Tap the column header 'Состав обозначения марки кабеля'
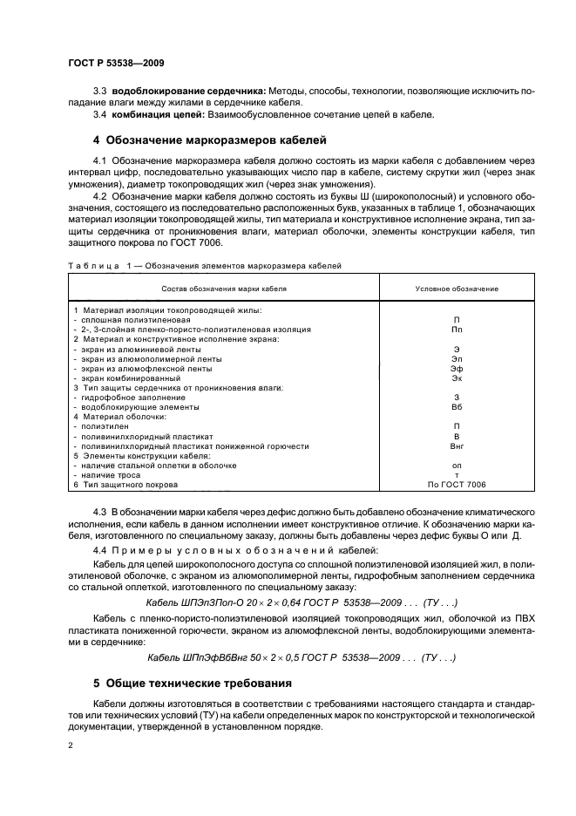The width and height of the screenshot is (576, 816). (224, 288)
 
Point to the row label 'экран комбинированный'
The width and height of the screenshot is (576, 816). (126, 377)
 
